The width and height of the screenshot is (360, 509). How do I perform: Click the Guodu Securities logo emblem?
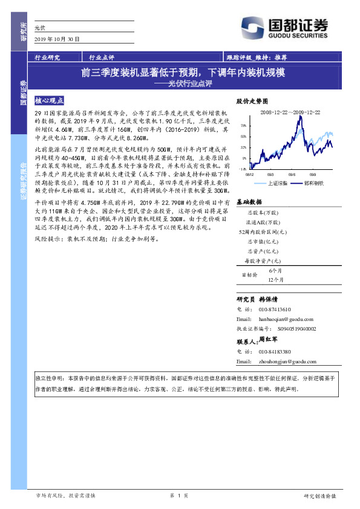point(253,27)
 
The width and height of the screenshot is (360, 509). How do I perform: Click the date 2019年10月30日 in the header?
point(53,39)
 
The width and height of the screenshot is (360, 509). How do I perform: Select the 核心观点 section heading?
point(49,101)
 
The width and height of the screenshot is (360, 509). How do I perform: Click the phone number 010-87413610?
point(275,309)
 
